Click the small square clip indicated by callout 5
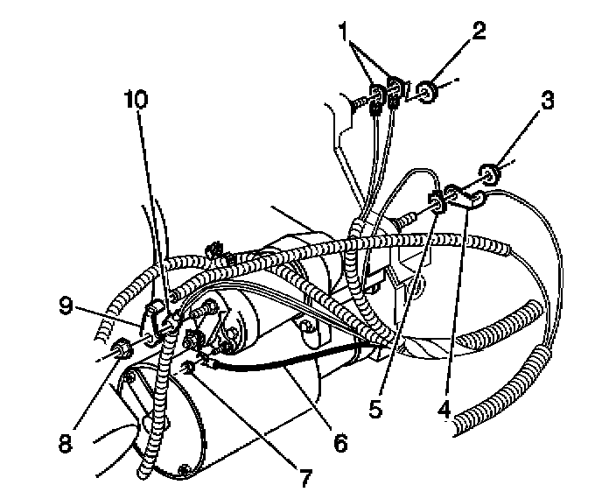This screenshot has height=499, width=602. pyautogui.click(x=435, y=206)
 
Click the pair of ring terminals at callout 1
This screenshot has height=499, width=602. pyautogui.click(x=386, y=93)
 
